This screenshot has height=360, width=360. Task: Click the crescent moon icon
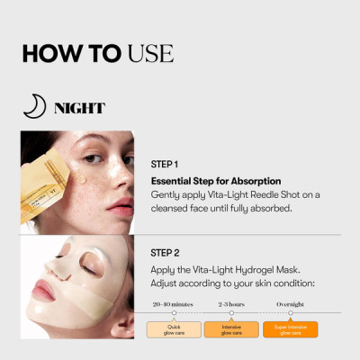tap(33, 108)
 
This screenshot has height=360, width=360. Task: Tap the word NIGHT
tap(79, 109)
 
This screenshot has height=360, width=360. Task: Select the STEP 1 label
tap(165, 165)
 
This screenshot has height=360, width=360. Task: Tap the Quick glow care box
tap(173, 329)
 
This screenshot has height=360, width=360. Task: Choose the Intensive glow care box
tap(231, 329)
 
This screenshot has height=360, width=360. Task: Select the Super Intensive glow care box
tap(289, 329)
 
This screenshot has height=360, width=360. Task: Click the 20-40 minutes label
tap(173, 304)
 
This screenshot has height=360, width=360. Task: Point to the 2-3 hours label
tap(231, 304)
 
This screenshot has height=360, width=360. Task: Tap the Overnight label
tap(289, 304)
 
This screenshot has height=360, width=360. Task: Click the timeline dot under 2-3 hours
tap(231, 312)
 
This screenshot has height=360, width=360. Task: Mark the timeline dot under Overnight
tap(289, 312)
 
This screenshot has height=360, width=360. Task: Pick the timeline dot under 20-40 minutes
tap(173, 312)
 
